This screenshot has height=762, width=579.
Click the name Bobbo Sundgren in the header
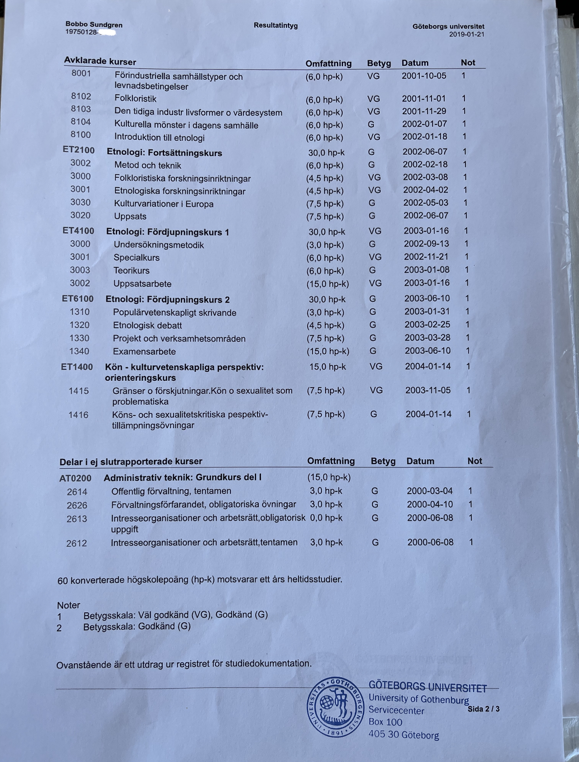coord(94,25)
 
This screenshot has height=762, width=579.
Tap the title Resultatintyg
coord(276,25)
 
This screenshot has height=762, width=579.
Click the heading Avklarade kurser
coord(100,61)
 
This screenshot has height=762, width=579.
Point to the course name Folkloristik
coord(135,98)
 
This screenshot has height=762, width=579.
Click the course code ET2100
coord(78,150)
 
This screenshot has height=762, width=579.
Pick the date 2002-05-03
coord(426,203)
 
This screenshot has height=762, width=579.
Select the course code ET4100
coord(78,231)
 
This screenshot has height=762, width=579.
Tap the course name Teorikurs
coord(132,271)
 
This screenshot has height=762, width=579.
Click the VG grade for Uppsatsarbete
coord(375,283)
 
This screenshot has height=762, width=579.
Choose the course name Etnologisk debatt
coord(147,325)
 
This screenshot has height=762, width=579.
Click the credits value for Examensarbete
coord(328,351)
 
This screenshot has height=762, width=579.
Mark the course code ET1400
coord(77,367)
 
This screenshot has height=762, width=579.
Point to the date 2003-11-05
coord(427,390)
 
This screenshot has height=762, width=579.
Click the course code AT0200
coord(75,478)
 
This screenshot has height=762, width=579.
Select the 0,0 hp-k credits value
coord(326,518)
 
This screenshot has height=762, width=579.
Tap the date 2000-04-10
coord(430,504)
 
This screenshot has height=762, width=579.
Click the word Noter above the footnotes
coord(69,605)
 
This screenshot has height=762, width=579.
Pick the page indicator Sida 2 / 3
coord(483,709)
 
